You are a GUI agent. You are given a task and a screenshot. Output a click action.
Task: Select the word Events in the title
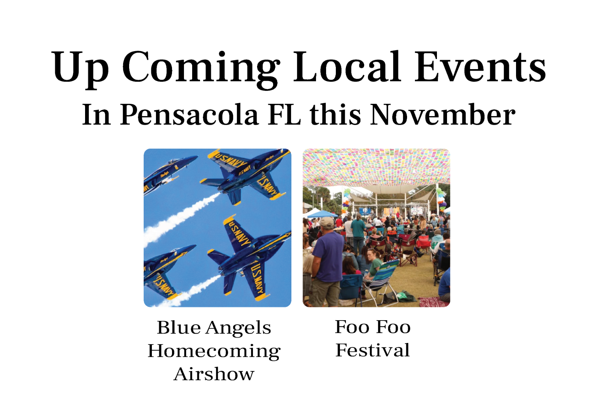pos(480,67)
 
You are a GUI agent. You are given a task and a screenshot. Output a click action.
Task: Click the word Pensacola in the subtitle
pos(189,115)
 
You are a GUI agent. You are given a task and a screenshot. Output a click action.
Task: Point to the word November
pos(443,114)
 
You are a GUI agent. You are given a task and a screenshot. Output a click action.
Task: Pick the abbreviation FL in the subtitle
pos(284,114)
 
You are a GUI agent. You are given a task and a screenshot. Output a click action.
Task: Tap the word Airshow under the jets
pos(214,374)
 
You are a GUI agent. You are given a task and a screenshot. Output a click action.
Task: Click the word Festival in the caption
pos(373,350)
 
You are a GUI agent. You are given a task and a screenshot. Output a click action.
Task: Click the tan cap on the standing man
pos(326,222)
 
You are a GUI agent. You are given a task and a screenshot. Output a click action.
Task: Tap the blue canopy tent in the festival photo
pos(322,214)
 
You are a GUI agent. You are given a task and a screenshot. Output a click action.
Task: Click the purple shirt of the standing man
pos(328,256)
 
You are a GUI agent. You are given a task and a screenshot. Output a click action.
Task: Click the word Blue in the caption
pos(178,327)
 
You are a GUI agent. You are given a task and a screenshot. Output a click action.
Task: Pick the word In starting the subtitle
pos(96,115)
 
